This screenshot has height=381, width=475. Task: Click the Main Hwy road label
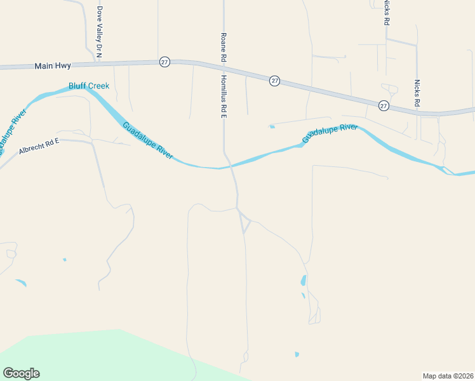click(x=53, y=65)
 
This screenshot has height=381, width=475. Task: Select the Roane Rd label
click(x=224, y=48)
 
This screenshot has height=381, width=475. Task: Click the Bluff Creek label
click(x=89, y=86)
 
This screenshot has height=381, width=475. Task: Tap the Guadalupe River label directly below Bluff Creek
click(x=147, y=140)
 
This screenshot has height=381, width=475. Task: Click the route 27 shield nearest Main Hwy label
click(x=164, y=62)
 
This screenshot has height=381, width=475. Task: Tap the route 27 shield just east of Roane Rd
click(x=274, y=81)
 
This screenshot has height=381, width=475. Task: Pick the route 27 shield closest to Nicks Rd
click(x=384, y=105)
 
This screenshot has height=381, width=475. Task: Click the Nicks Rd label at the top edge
click(x=386, y=13)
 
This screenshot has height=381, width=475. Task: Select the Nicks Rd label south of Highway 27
click(x=417, y=93)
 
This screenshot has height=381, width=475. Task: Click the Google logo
click(x=21, y=373)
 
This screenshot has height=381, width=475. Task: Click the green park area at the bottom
click(x=95, y=356)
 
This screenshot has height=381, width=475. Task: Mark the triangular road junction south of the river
click(x=244, y=223)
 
